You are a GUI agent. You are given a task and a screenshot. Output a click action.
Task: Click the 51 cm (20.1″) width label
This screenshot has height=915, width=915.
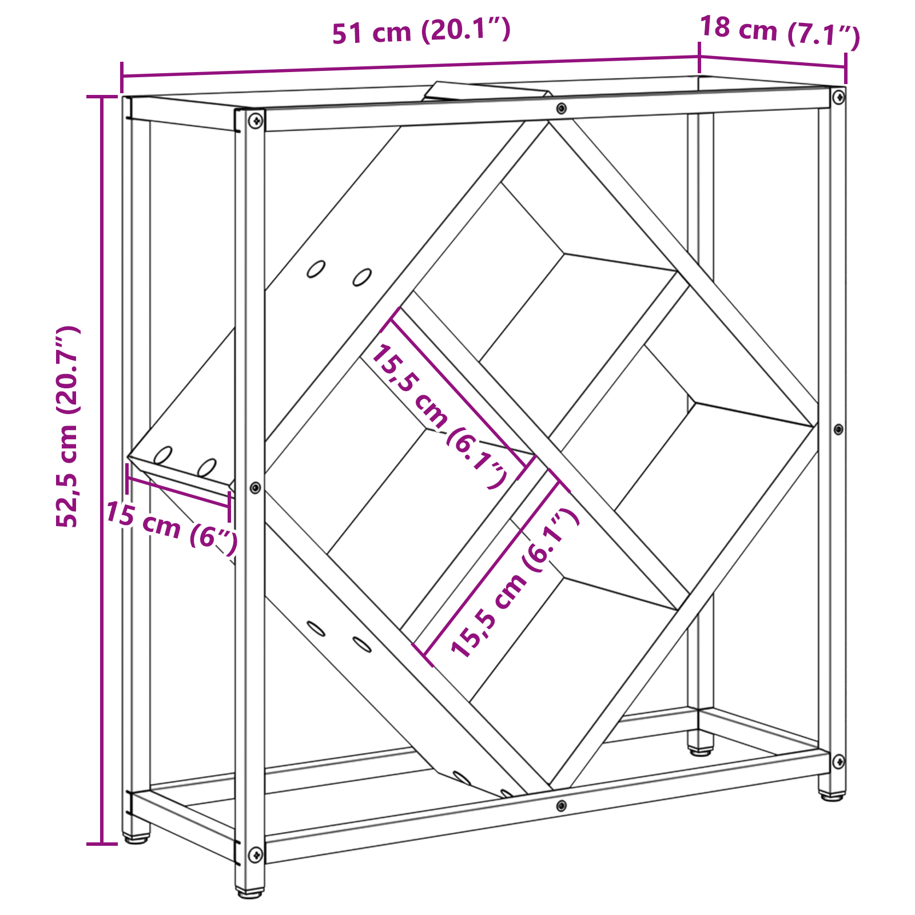click(x=421, y=31)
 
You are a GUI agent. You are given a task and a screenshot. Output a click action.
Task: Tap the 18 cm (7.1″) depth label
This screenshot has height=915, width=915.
click(x=779, y=32)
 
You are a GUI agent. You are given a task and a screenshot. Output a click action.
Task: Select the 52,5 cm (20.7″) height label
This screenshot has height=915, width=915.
click(x=67, y=427)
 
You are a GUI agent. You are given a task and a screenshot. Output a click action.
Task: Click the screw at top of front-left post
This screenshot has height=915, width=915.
click(x=256, y=120)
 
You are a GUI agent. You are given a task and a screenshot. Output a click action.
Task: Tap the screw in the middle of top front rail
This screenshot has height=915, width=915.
click(x=561, y=108)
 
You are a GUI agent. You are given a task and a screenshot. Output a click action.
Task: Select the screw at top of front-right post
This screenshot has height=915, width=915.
click(x=838, y=97)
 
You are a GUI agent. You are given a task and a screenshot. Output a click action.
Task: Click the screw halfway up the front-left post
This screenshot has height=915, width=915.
click(x=256, y=487)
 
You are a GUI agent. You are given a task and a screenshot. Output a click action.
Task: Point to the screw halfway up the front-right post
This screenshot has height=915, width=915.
click(x=838, y=429)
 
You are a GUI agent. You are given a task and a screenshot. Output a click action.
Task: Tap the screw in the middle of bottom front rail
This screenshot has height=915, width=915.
click(x=561, y=805)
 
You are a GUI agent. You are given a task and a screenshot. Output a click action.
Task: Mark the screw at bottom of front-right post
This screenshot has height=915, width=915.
click(x=838, y=761)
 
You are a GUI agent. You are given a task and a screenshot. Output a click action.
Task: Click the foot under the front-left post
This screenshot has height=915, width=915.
click(x=250, y=892)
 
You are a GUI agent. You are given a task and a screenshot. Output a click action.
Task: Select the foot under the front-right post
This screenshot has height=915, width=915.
click(x=832, y=795)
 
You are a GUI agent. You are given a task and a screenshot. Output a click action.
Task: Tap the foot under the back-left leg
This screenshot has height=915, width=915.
click(x=136, y=839)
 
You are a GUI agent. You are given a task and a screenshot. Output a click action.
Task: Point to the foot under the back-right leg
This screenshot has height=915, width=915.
click(x=701, y=750)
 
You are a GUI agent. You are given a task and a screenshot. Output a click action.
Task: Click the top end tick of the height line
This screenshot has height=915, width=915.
click(x=102, y=97)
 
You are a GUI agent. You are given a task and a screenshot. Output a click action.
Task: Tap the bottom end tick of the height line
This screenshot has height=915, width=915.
click(x=102, y=844)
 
